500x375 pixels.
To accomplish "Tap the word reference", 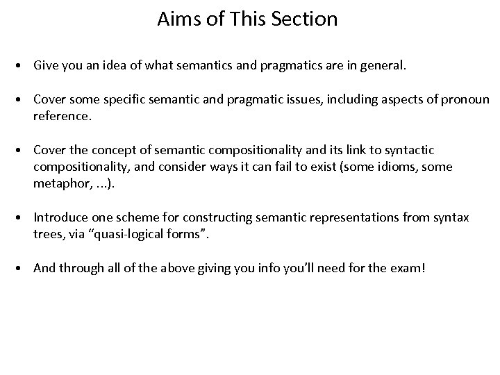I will [62, 116].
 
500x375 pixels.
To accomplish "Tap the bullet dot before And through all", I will [23, 268].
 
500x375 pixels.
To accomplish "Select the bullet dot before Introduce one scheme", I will [23, 218].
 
